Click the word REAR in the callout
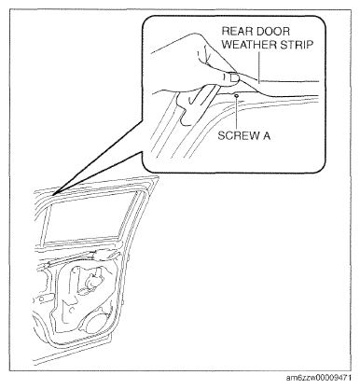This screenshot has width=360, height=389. pos(236,31)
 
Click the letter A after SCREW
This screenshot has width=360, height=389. pos(266,136)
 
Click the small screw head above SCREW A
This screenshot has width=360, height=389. pos(237,96)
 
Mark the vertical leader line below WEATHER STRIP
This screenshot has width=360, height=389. pos(258,67)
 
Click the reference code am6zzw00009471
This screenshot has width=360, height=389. pos(319,379)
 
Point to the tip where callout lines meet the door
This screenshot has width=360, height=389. pos(53,195)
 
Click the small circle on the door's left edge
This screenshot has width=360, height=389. pos(40,299)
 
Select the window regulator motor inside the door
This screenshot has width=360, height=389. pos(90,282)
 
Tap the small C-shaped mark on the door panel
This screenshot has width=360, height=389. pos(72,310)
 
